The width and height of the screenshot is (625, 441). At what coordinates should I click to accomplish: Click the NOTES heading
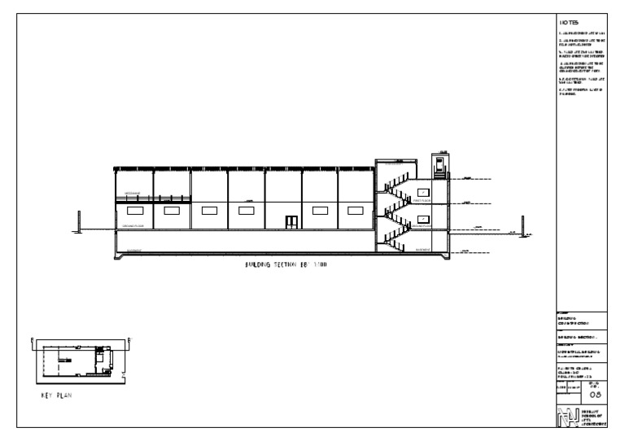(x=568, y=22)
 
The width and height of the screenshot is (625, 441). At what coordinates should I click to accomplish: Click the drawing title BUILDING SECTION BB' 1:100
(x=286, y=265)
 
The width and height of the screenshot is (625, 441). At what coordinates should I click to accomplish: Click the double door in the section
(x=290, y=221)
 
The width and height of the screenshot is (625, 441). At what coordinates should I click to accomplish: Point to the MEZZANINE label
(x=129, y=194)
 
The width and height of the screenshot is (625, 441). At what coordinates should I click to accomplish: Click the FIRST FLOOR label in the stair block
(x=422, y=200)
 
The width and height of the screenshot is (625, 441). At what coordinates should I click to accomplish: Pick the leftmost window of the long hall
(x=133, y=210)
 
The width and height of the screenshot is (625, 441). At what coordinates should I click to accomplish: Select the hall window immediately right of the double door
(x=321, y=210)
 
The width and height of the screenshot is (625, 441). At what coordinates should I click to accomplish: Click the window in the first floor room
(x=422, y=192)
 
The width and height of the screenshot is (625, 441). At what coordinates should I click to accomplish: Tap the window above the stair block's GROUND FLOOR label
(x=422, y=220)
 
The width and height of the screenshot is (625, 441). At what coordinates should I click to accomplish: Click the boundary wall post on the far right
(x=522, y=223)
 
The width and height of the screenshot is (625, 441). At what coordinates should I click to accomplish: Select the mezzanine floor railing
(x=153, y=198)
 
